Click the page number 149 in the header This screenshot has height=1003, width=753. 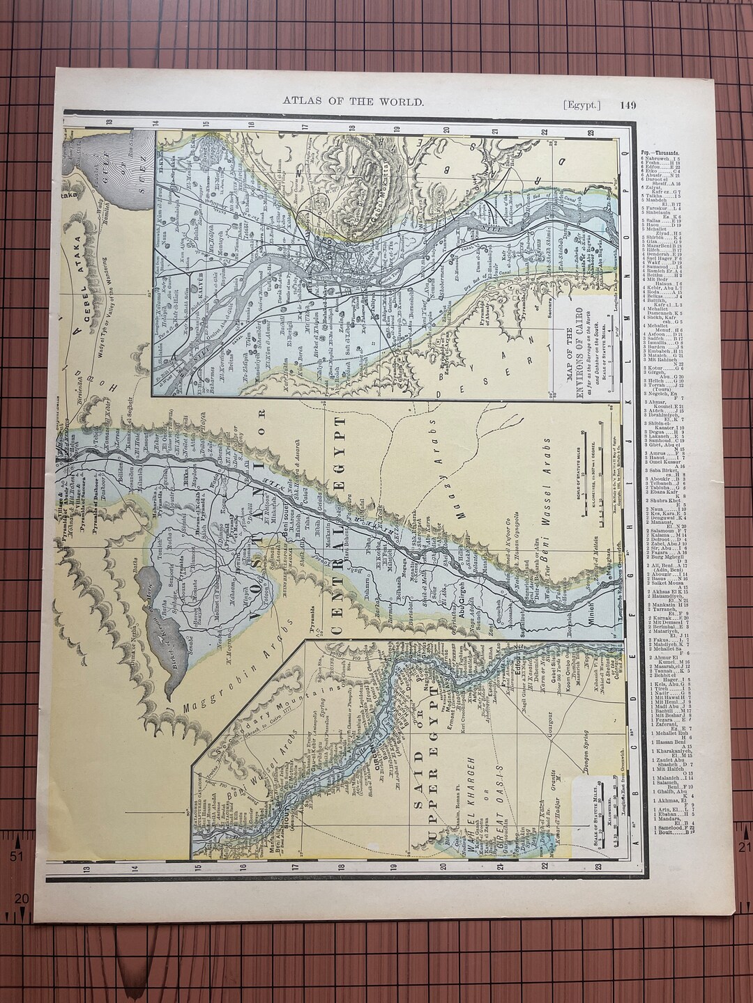[626, 102]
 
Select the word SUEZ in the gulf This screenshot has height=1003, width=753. [142, 168]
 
